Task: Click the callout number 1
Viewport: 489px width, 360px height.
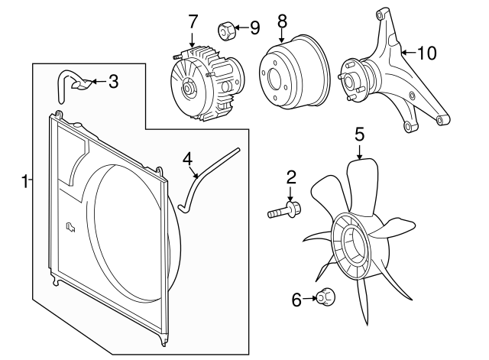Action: [x=24, y=181]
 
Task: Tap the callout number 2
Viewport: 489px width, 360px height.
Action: [x=291, y=177]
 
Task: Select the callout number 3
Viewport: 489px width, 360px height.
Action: [x=113, y=80]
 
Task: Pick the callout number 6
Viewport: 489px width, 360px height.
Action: [x=297, y=300]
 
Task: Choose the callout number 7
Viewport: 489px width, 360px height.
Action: [x=193, y=22]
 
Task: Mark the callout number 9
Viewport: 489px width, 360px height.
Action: [x=254, y=28]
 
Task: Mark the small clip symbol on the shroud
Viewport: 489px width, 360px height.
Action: [x=71, y=225]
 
